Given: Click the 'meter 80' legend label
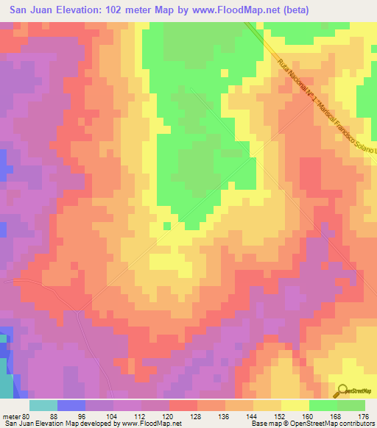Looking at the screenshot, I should click(17, 415).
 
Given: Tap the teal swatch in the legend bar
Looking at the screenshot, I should click(43, 405).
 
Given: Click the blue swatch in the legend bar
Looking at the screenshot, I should click(71, 405).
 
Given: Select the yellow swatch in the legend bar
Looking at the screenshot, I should click(295, 405).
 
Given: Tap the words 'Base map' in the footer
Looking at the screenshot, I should click(263, 424).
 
